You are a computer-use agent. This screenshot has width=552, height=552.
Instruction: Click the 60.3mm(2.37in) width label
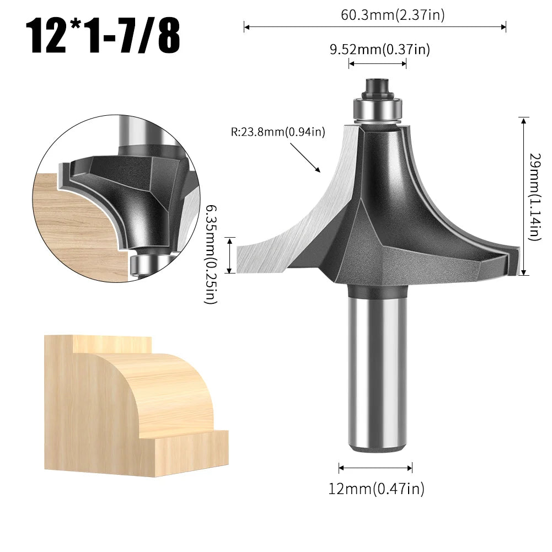pos(392,15)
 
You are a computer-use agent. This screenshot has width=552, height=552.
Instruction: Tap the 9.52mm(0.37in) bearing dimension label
pos(379,50)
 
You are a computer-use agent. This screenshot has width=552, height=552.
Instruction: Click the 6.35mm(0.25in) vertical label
pos(212,254)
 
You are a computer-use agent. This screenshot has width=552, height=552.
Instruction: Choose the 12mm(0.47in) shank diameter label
pos(377,488)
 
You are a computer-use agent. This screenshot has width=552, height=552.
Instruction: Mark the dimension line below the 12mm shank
pos(376,468)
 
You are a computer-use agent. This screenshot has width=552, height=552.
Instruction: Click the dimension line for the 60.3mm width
pos(375,26)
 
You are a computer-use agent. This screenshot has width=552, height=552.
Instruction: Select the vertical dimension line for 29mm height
pos(524,196)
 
